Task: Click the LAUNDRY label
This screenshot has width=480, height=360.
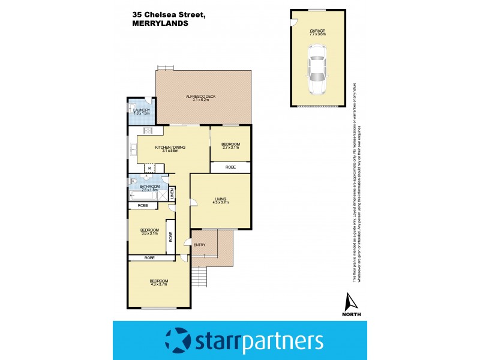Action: [142, 110]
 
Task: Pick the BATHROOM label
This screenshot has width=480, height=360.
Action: [149, 186]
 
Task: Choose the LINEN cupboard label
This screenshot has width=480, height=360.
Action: [172, 193]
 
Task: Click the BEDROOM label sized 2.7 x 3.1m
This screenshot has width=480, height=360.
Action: [230, 144]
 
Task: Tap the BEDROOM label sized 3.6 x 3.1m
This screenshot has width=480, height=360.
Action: [149, 230]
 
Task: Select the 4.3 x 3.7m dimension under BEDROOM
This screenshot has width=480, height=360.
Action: [159, 284]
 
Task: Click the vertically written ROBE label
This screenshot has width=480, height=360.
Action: [170, 236]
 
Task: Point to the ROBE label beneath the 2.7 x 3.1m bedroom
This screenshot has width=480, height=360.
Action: [230, 167]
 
